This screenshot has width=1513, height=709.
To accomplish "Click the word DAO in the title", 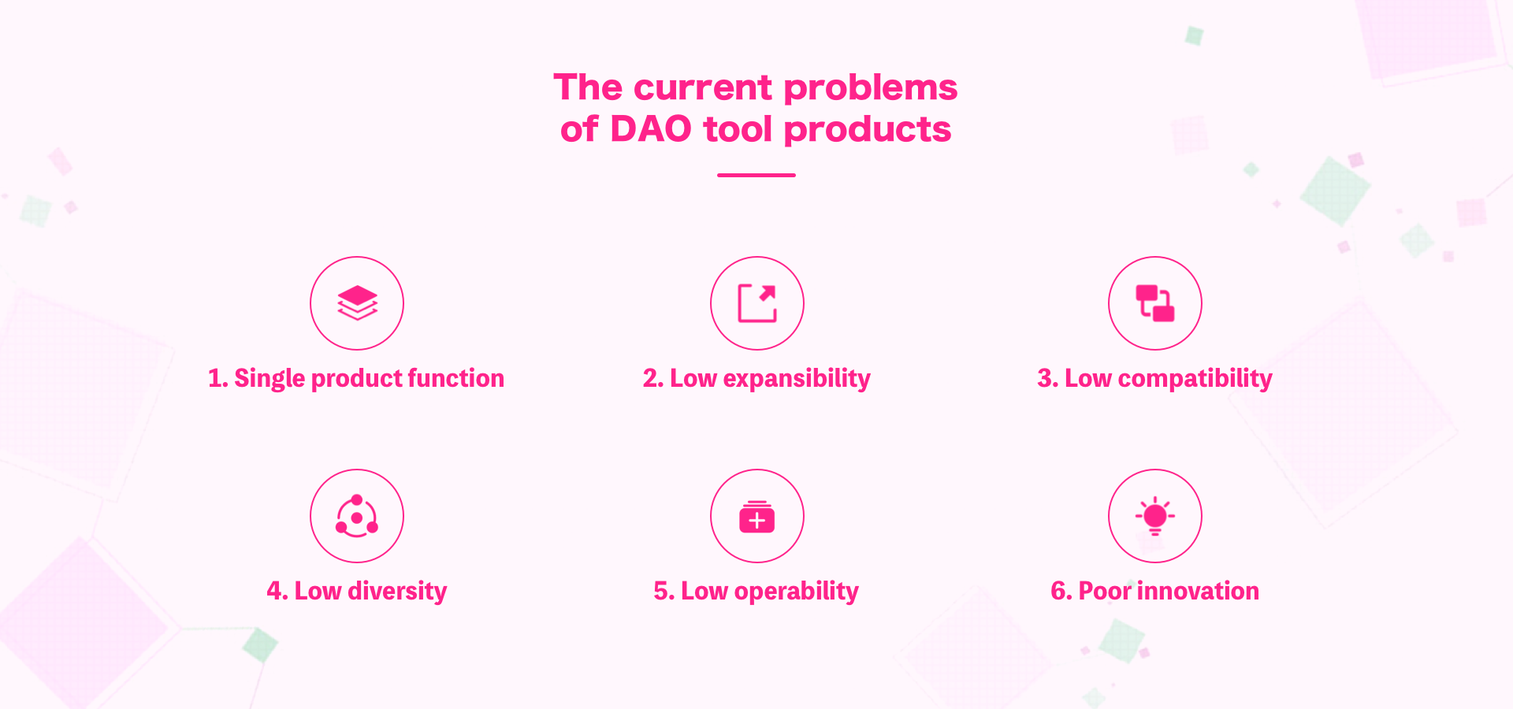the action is [651, 129].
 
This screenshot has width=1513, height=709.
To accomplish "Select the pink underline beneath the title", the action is [756, 175].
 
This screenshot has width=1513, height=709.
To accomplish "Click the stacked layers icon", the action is [357, 303].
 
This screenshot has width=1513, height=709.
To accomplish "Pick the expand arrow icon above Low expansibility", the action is [757, 303].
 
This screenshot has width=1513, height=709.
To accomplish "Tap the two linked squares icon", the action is [1155, 303].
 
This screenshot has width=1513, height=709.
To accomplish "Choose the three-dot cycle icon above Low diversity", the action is [357, 516].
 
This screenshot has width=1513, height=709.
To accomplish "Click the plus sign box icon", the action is [757, 517].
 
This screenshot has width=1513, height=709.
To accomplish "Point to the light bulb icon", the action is [1155, 516].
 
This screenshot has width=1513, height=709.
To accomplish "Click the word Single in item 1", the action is [270, 379].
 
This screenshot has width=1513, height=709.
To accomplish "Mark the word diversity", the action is [397, 591].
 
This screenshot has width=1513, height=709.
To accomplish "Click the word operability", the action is [796, 591].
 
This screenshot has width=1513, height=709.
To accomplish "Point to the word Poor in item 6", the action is [1105, 591].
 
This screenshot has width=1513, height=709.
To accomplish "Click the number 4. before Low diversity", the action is [277, 591].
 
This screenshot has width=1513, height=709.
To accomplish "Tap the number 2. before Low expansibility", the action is [653, 379].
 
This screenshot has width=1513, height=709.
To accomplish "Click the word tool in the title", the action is [738, 129].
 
